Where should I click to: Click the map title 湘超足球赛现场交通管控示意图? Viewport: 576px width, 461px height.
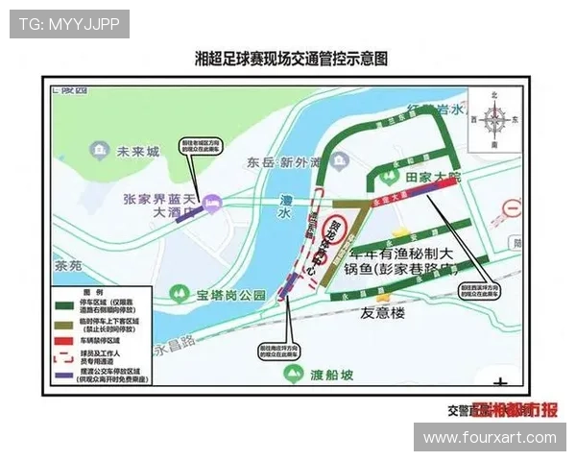pos(290,59)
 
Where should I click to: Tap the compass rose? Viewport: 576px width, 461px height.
pos(495,119)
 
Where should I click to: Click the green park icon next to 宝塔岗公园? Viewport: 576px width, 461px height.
pos(177,293)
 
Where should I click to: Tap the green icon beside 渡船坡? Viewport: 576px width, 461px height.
pos(294,374)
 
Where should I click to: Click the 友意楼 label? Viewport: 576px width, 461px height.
pos(384,314)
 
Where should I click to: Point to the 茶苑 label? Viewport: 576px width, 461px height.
pos(68,265)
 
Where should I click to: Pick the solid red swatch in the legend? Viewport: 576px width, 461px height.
pos(66,340)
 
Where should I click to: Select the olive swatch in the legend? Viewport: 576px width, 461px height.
pos(66,324)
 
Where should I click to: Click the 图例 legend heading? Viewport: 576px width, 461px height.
pos(93,291)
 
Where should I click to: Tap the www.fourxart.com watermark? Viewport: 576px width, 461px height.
pos(490,437)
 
